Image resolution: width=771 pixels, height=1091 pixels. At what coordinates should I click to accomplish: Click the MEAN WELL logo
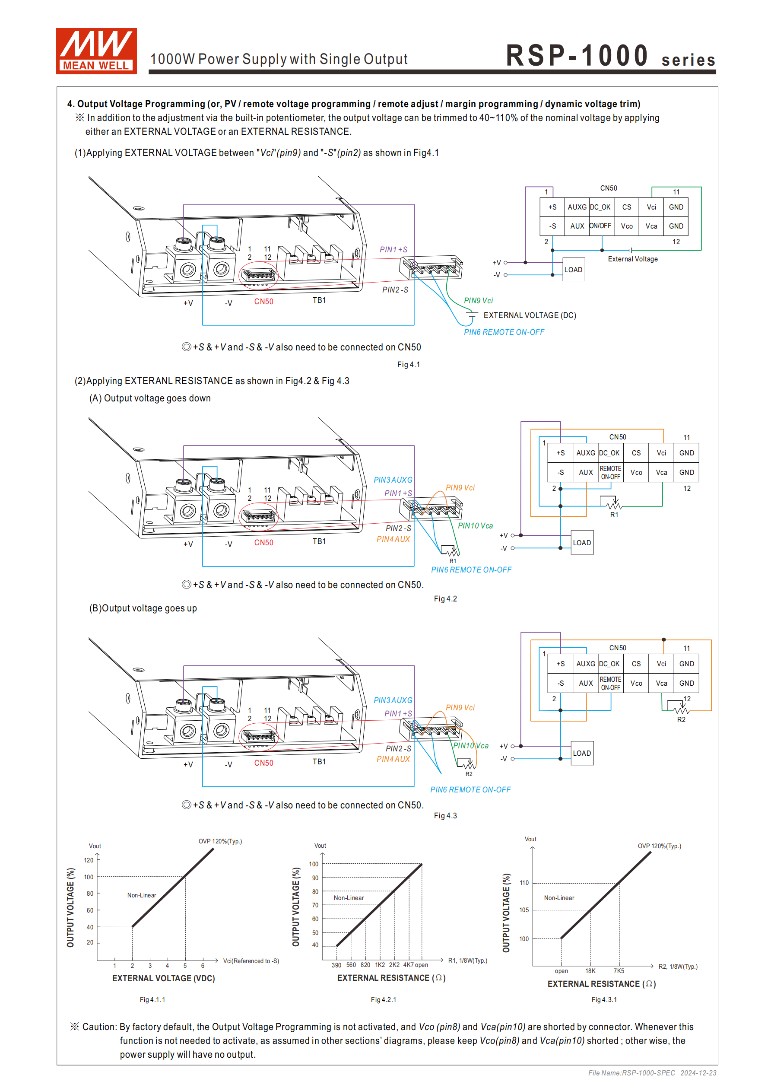[96, 51]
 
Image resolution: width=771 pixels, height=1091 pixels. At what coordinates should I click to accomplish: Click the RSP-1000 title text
[577, 56]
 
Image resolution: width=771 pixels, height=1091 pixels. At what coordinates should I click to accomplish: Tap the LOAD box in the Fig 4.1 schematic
[573, 270]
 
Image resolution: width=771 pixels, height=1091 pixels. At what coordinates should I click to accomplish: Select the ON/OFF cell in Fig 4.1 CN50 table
[600, 226]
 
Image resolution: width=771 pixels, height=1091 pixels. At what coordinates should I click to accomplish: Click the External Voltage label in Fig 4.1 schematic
[633, 259]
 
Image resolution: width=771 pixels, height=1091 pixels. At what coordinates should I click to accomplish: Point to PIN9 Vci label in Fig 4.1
[478, 301]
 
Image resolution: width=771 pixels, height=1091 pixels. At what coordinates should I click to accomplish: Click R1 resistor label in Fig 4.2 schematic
[614, 515]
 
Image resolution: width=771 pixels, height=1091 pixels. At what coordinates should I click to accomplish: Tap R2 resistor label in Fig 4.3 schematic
[681, 719]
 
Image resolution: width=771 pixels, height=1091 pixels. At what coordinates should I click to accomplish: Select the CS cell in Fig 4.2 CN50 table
[636, 453]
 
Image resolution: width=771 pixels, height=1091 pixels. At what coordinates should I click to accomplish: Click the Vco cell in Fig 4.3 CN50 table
[636, 683]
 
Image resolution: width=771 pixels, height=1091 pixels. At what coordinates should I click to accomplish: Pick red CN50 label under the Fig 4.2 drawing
[263, 543]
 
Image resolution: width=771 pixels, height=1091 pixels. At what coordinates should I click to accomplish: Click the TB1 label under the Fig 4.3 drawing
[319, 762]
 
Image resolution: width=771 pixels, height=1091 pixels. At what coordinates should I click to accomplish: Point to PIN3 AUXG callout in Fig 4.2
[393, 480]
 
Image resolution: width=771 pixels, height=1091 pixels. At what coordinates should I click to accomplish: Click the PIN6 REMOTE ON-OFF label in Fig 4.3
[470, 790]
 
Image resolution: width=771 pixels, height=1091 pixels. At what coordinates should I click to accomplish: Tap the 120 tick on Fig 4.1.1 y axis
[89, 860]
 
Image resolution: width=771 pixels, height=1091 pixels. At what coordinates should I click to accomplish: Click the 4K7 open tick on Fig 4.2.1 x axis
[415, 965]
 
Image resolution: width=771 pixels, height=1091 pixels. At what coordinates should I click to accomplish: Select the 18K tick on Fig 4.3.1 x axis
[590, 971]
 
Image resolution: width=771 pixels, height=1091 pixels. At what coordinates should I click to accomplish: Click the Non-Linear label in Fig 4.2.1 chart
[349, 898]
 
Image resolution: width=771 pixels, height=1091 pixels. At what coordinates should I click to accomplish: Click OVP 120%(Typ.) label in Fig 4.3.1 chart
[659, 846]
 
